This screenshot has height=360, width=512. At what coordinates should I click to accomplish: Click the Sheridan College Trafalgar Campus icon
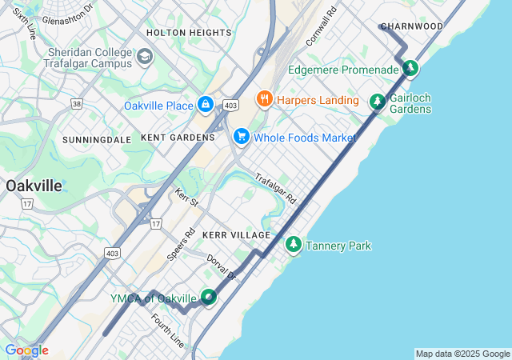click(x=145, y=56)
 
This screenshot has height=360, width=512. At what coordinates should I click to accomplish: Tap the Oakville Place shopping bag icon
click(x=206, y=105)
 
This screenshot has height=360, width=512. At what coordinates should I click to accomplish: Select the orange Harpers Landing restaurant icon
click(x=265, y=99)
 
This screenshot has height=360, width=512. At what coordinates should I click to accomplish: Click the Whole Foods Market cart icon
click(x=241, y=138)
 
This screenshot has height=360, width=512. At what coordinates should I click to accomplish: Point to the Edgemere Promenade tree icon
click(x=410, y=70)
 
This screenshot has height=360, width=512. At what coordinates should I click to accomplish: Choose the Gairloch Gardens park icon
click(x=377, y=102)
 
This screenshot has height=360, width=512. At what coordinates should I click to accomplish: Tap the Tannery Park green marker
click(x=294, y=245)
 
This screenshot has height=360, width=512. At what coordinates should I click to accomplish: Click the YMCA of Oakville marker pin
click(x=209, y=298)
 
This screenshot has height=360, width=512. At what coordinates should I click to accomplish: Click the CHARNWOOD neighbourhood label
click(x=411, y=26)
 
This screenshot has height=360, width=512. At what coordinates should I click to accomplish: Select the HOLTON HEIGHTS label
click(x=189, y=33)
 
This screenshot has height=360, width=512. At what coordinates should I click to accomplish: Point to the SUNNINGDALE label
click(x=97, y=139)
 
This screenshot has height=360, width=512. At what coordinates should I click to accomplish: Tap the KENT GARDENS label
click(x=178, y=138)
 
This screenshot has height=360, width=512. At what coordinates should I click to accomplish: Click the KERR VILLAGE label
click(x=236, y=235)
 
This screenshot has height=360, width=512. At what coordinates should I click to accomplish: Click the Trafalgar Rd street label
click(x=276, y=188)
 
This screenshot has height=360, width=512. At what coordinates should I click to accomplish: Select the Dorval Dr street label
click(x=222, y=267)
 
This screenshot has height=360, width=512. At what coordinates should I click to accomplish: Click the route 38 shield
click(x=77, y=103)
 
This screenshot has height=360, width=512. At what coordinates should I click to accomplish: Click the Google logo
click(x=26, y=350)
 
